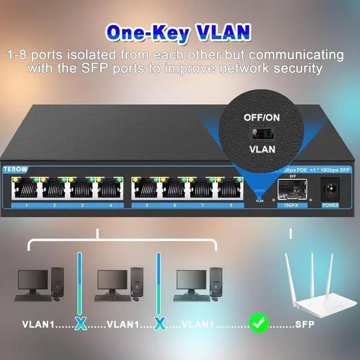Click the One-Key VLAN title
coord(179,32)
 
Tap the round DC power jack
coord(330,188)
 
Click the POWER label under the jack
coord(330,205)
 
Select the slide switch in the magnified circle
coord(259,133)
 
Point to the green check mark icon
coord(259,323)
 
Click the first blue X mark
coord(81,323)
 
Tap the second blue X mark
coord(160,323)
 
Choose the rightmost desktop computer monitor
coord(191,281)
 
